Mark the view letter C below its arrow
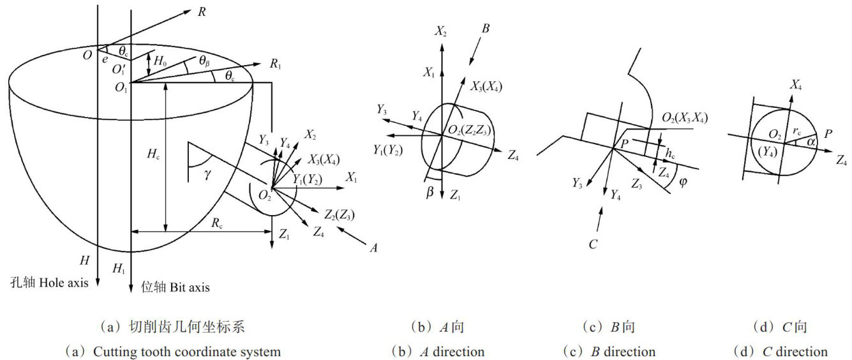point(592,244)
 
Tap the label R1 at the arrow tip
point(276,63)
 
